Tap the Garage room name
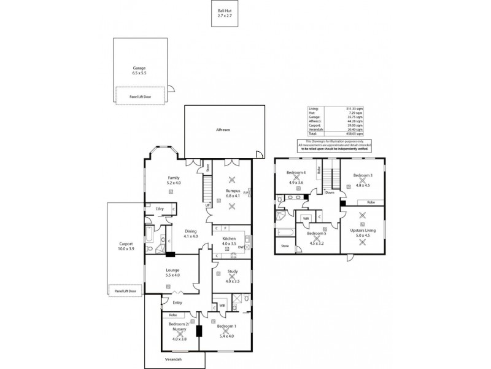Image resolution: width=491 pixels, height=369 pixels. [139, 68]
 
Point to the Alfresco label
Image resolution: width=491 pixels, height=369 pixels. [222, 130]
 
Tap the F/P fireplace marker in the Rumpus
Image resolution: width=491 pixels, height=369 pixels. [246, 192]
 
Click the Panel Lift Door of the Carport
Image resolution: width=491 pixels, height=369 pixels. [125, 290]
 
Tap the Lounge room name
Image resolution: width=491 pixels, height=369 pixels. [172, 270]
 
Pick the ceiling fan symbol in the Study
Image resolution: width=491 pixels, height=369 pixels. [231, 277]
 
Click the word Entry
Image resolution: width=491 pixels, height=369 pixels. [177, 302]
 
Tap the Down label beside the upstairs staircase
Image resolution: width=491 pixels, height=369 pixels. [330, 192]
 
